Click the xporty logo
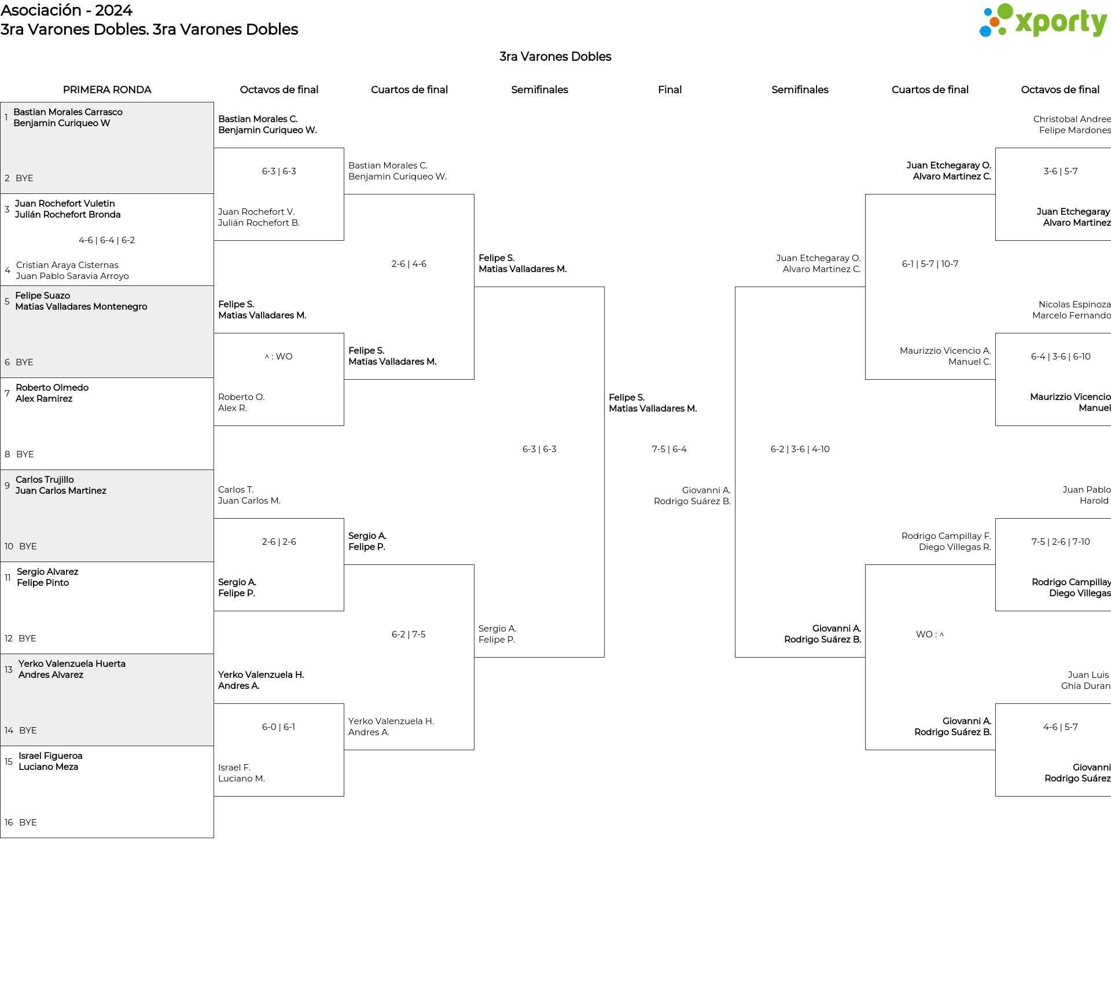(1043, 20)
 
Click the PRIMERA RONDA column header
(107, 90)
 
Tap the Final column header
(669, 90)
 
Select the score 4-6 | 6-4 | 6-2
(107, 240)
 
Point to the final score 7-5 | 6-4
(669, 449)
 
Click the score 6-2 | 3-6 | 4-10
(800, 449)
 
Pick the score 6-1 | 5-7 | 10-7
(930, 264)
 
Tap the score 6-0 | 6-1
(279, 727)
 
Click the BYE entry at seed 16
(28, 823)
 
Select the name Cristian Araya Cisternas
(67, 265)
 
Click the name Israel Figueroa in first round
(50, 756)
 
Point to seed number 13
(8, 670)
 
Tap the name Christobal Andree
(1072, 119)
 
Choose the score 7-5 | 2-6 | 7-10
(1061, 542)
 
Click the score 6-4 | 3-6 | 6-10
(1061, 357)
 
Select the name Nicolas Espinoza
(1075, 304)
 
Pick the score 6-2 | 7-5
(409, 634)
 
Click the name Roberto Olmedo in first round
(52, 388)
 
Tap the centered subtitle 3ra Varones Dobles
(555, 57)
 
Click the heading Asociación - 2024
(67, 10)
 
